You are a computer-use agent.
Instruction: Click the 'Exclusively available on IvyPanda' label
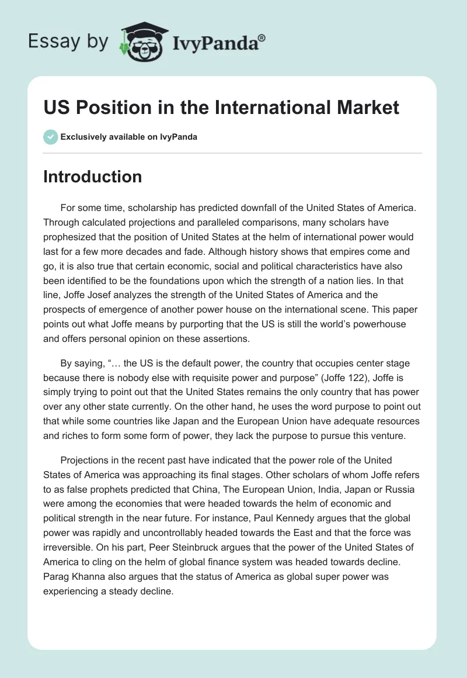click(x=128, y=137)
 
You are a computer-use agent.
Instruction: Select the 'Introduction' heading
click(x=92, y=177)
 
